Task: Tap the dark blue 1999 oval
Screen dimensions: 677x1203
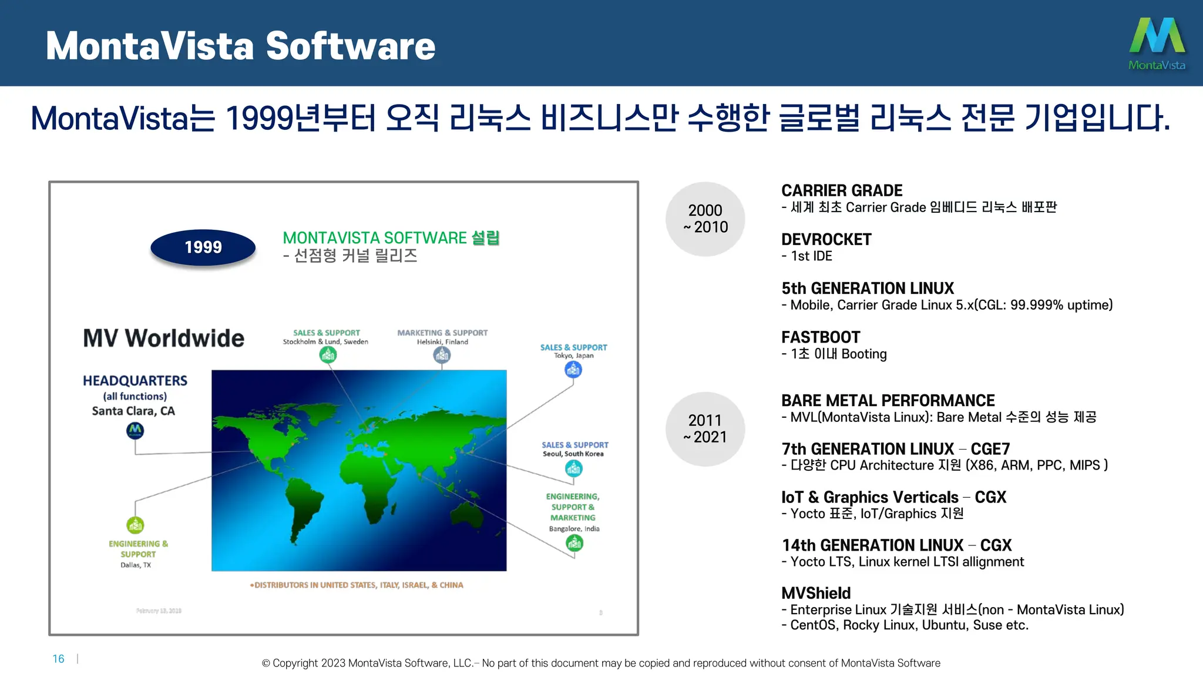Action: pyautogui.click(x=203, y=247)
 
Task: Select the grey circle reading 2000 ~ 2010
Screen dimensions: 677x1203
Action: pyautogui.click(x=705, y=219)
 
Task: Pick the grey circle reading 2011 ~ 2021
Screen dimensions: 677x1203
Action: pyautogui.click(x=705, y=429)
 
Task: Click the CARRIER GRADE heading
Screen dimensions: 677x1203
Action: pyautogui.click(x=841, y=190)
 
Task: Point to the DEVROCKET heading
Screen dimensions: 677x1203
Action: pyautogui.click(x=826, y=239)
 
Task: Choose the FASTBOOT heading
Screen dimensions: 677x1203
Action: pyautogui.click(x=820, y=337)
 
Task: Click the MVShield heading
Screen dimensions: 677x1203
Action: pyautogui.click(x=816, y=593)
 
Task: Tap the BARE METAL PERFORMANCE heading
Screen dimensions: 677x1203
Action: pyautogui.click(x=888, y=401)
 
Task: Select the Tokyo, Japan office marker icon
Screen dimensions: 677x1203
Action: pyautogui.click(x=573, y=370)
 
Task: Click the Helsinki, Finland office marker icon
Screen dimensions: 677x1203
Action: pyautogui.click(x=442, y=354)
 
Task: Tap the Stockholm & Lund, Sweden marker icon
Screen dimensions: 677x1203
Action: pyautogui.click(x=328, y=354)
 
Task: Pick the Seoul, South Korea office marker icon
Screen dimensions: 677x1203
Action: pyautogui.click(x=573, y=468)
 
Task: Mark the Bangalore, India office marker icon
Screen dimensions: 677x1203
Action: pyautogui.click(x=574, y=543)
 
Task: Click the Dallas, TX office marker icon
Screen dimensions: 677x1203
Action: pyautogui.click(x=135, y=525)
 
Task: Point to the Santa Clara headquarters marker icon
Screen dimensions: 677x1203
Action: pyautogui.click(x=135, y=431)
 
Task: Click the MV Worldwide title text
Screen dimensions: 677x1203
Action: pyautogui.click(x=163, y=338)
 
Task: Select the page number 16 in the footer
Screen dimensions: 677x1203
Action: pyautogui.click(x=58, y=659)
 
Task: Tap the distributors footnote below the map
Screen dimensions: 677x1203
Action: pyautogui.click(x=357, y=585)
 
